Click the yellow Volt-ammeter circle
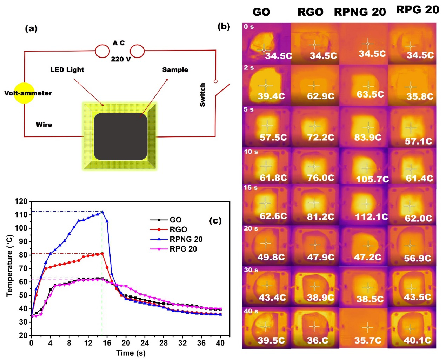coord(24,93)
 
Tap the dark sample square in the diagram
coord(120,136)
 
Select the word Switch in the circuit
coord(202,95)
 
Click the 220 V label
coord(121,59)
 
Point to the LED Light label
coord(67,69)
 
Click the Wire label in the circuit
coord(44,125)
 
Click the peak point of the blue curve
coord(102,212)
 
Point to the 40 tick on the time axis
coord(220,343)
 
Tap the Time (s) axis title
coord(131,353)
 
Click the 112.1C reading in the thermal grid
coord(371,217)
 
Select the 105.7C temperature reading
coord(372,179)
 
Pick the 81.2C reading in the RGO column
coord(320,217)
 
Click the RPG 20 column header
coord(418,10)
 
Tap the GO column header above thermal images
coord(261,12)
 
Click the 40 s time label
coord(251,311)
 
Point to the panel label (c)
coord(215,221)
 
